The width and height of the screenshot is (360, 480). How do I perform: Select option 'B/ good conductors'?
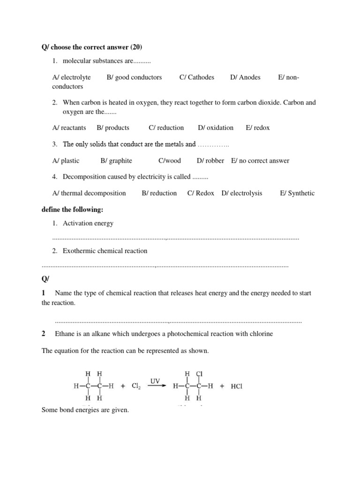pos(134,77)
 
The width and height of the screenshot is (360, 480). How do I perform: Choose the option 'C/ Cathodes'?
pos(196,77)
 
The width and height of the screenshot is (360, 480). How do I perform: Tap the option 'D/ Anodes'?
pos(245,77)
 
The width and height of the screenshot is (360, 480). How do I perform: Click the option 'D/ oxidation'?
pos(216,127)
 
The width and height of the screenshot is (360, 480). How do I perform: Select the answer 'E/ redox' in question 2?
pos(258,127)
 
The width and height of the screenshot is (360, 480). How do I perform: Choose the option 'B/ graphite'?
pos(116,161)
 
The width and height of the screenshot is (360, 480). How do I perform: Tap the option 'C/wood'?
pos(170,161)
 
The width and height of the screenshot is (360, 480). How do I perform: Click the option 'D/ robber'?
pos(210,161)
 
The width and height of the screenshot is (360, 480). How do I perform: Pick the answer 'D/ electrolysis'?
pos(242,193)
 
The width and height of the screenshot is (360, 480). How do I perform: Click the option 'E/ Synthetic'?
pos(297,193)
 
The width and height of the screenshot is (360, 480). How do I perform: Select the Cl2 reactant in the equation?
pos(136,387)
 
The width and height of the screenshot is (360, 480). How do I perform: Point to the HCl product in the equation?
pos(236,387)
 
